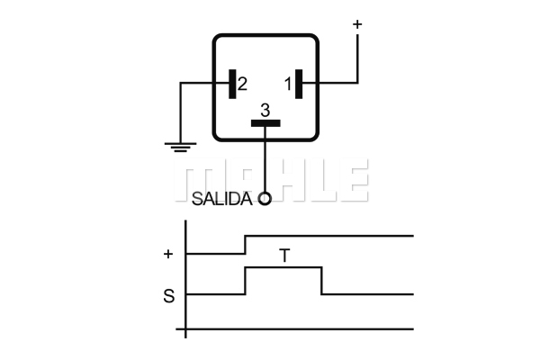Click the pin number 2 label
click(242, 84)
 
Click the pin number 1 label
click(288, 84)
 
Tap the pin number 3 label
click(265, 111)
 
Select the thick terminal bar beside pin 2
click(232, 84)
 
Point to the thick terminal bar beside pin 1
click(299, 84)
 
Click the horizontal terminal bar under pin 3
click(265, 123)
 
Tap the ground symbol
click(181, 147)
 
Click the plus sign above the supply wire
click(357, 24)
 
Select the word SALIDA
click(221, 199)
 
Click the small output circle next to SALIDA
click(265, 199)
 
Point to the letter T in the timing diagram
click(284, 256)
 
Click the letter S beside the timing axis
click(169, 296)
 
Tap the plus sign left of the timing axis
click(168, 254)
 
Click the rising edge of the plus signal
click(245, 245)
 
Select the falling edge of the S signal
click(321, 281)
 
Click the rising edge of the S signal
click(245, 281)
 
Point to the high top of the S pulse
click(283, 267)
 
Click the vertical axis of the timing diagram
click(186, 279)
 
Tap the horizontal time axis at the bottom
click(295, 329)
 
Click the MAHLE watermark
click(272, 180)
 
